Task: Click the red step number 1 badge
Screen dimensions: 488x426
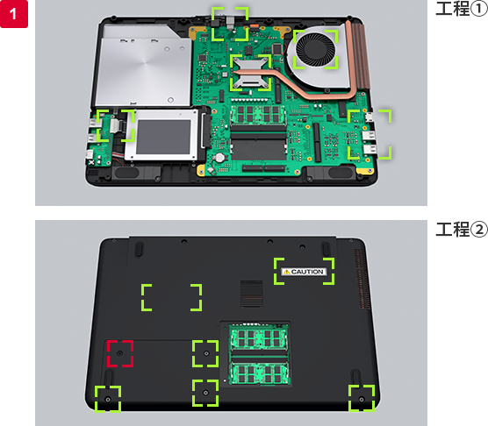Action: pos(14,14)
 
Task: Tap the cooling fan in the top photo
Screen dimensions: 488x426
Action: pos(315,49)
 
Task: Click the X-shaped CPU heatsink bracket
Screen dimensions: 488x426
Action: pos(251,73)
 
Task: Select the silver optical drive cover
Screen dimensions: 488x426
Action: pos(144,65)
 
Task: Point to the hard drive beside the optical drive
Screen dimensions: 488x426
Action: pos(162,136)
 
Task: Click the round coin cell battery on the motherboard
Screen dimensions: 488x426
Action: pos(220,158)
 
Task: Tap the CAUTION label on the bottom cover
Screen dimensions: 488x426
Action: pos(304,272)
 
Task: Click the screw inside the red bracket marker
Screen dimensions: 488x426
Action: pos(120,353)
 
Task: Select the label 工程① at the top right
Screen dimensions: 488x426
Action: pos(462,9)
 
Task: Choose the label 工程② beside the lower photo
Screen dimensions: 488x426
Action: pos(462,230)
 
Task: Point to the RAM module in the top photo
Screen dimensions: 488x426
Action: pos(258,114)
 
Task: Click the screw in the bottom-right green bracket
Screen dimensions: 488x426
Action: pos(362,399)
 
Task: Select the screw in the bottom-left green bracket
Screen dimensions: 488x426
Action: pos(108,399)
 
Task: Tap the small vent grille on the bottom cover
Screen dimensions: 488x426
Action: pos(252,294)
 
